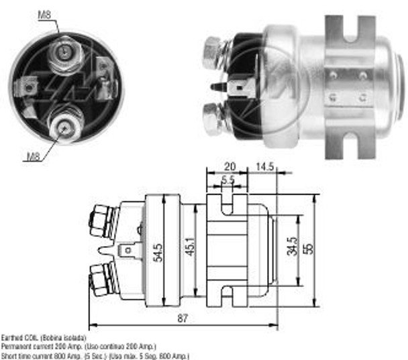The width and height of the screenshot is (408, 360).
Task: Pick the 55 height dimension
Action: (307, 248)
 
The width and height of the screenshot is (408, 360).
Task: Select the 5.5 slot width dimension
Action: (227, 179)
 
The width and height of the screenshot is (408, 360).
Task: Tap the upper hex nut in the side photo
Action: (213, 52)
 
